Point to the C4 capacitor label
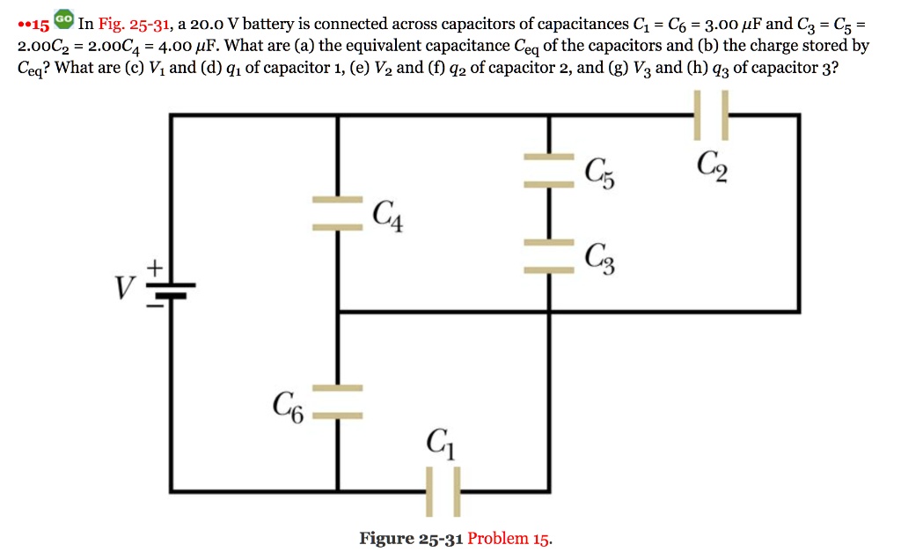(388, 215)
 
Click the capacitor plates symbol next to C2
(711, 114)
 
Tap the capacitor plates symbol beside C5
(549, 171)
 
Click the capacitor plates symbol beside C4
(338, 215)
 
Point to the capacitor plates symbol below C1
(443, 489)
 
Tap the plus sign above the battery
(155, 264)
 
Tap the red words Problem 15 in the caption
(510, 538)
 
